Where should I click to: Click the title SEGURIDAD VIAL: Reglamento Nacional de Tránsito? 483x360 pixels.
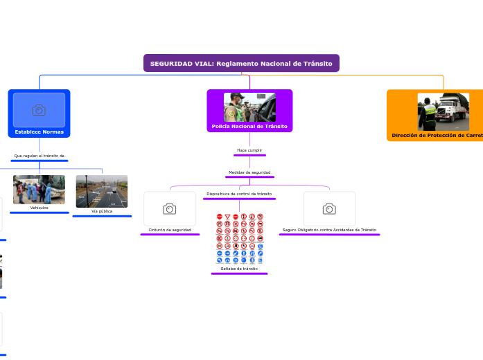[x=241, y=64]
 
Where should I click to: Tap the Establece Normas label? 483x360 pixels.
[x=39, y=131]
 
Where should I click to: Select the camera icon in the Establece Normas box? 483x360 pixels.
[x=39, y=110]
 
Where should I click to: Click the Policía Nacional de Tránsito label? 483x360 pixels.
[x=249, y=127]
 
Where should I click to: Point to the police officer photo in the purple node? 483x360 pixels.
[x=249, y=107]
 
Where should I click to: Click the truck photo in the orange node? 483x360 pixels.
[x=443, y=111]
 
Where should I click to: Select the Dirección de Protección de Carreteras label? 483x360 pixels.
[x=437, y=136]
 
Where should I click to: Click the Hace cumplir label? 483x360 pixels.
[x=249, y=150]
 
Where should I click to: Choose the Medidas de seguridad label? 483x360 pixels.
[x=249, y=172]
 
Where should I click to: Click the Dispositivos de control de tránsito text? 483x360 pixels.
[x=239, y=194]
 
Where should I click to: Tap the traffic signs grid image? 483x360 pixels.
[x=239, y=239]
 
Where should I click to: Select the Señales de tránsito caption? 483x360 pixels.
[x=239, y=269]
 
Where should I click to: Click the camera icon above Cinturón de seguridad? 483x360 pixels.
[x=169, y=209]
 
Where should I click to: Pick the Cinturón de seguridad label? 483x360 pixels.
[x=170, y=229]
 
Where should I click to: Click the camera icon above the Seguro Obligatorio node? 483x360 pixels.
[x=329, y=209]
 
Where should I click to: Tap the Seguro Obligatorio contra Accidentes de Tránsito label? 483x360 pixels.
[x=329, y=229]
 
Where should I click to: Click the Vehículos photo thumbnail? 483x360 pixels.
[x=39, y=190]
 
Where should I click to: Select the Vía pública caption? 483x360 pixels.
[x=102, y=211]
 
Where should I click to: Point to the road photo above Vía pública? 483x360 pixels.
[x=102, y=192]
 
